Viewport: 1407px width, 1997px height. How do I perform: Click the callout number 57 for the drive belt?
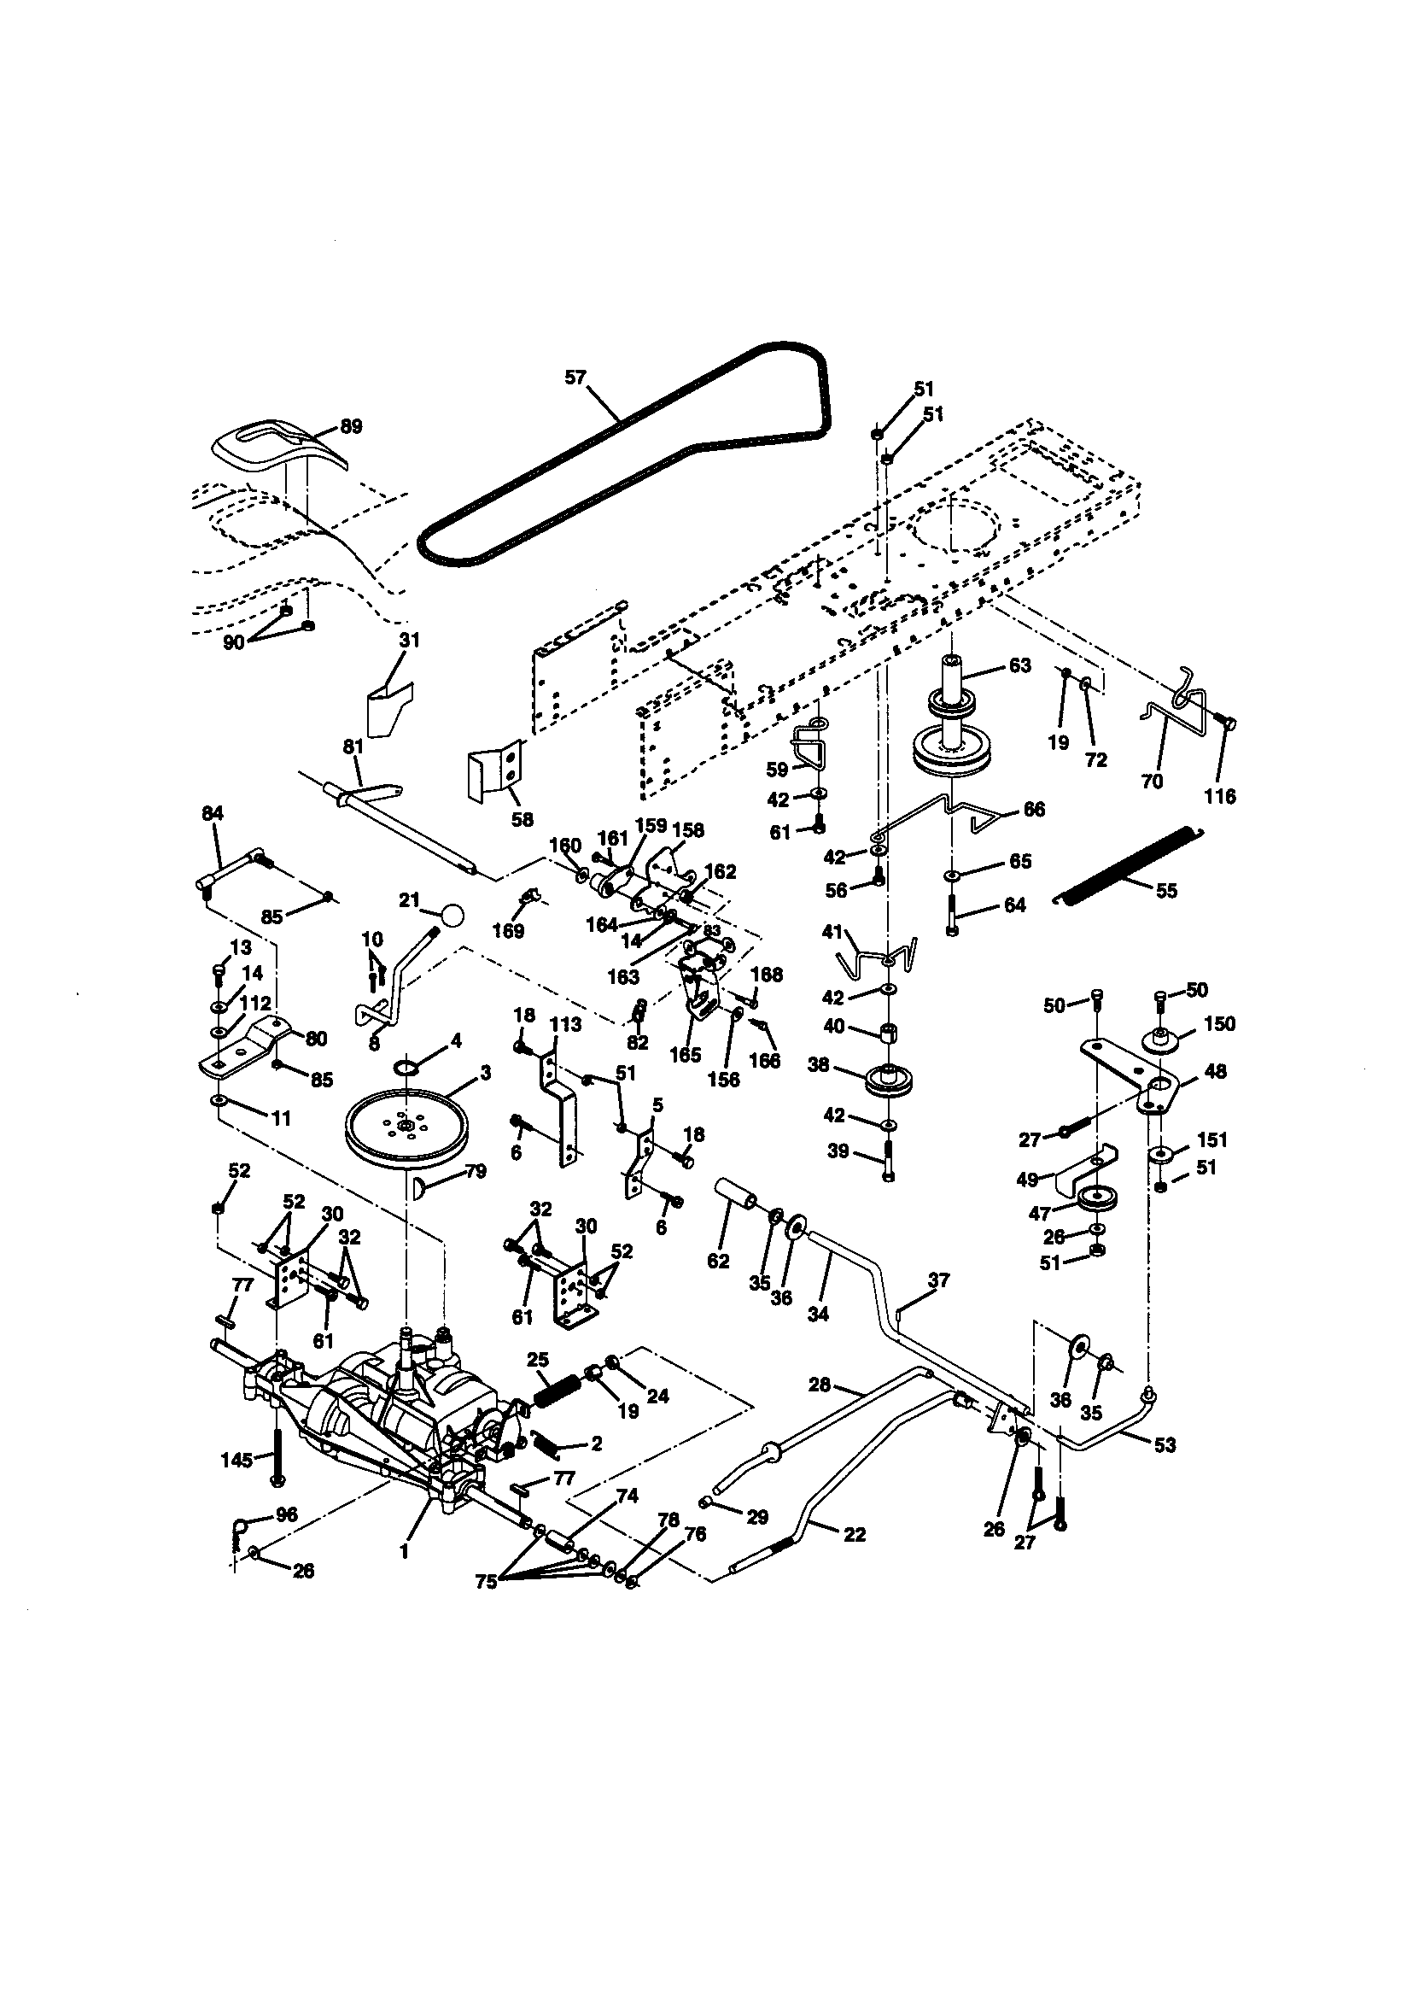click(x=575, y=378)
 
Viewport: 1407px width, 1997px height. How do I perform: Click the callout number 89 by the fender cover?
click(x=351, y=427)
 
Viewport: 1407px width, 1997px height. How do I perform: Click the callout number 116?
click(x=1219, y=796)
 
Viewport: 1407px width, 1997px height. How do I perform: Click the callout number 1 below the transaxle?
click(x=404, y=1551)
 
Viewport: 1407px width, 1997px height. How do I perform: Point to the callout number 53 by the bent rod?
click(x=1165, y=1444)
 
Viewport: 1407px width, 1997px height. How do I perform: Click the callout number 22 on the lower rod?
click(x=855, y=1535)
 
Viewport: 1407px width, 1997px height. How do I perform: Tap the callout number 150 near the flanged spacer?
click(x=1219, y=1024)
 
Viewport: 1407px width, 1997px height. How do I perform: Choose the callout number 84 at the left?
click(x=213, y=813)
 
